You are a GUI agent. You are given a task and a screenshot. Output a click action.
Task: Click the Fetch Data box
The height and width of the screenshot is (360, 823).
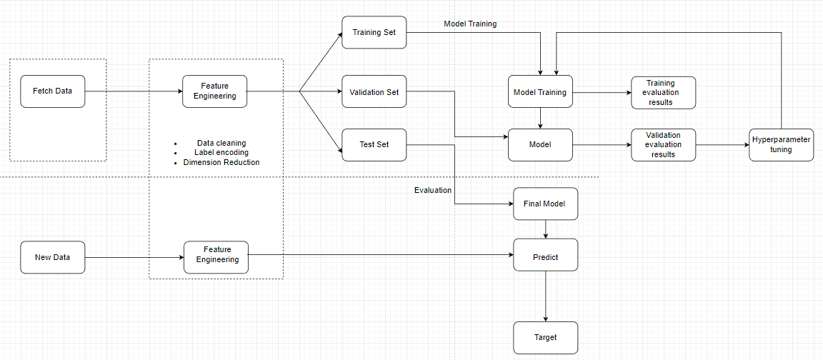(52, 91)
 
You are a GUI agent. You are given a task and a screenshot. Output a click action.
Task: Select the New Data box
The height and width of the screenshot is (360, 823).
(52, 257)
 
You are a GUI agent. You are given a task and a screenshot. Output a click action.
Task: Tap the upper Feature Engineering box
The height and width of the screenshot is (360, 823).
(215, 91)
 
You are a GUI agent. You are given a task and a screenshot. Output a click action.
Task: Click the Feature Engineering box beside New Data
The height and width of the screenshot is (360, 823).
(216, 257)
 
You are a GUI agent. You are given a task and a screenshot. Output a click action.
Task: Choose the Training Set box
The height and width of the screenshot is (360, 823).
(374, 33)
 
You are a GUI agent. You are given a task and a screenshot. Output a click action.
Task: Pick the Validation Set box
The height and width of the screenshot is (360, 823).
(374, 91)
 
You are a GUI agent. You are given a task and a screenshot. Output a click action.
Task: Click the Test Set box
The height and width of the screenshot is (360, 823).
(374, 144)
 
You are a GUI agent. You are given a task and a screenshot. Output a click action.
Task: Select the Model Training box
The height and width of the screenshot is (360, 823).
(540, 91)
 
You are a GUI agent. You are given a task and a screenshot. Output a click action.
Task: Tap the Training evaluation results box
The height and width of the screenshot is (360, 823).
(663, 93)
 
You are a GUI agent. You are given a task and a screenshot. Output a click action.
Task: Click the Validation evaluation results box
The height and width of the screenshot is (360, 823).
(663, 144)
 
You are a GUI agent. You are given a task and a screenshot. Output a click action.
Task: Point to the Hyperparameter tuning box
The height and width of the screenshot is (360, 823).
(781, 144)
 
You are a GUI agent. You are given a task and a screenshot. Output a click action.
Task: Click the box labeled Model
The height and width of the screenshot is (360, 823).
(540, 144)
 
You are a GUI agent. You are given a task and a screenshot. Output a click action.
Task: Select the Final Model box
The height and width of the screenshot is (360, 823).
(545, 204)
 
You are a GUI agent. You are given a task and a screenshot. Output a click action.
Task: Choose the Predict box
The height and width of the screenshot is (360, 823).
(545, 256)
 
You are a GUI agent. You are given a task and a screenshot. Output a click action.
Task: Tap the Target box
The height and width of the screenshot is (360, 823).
(545, 337)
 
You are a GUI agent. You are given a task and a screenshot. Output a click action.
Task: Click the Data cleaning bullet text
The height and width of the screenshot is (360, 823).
(221, 143)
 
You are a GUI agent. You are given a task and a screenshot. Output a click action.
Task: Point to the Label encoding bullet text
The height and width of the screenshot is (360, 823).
(221, 152)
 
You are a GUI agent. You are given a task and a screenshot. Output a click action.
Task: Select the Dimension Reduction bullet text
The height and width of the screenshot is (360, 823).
(221, 162)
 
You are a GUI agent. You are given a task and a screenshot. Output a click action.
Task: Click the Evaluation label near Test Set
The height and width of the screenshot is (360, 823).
(433, 190)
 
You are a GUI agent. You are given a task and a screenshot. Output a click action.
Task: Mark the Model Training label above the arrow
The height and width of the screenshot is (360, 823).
(470, 24)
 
